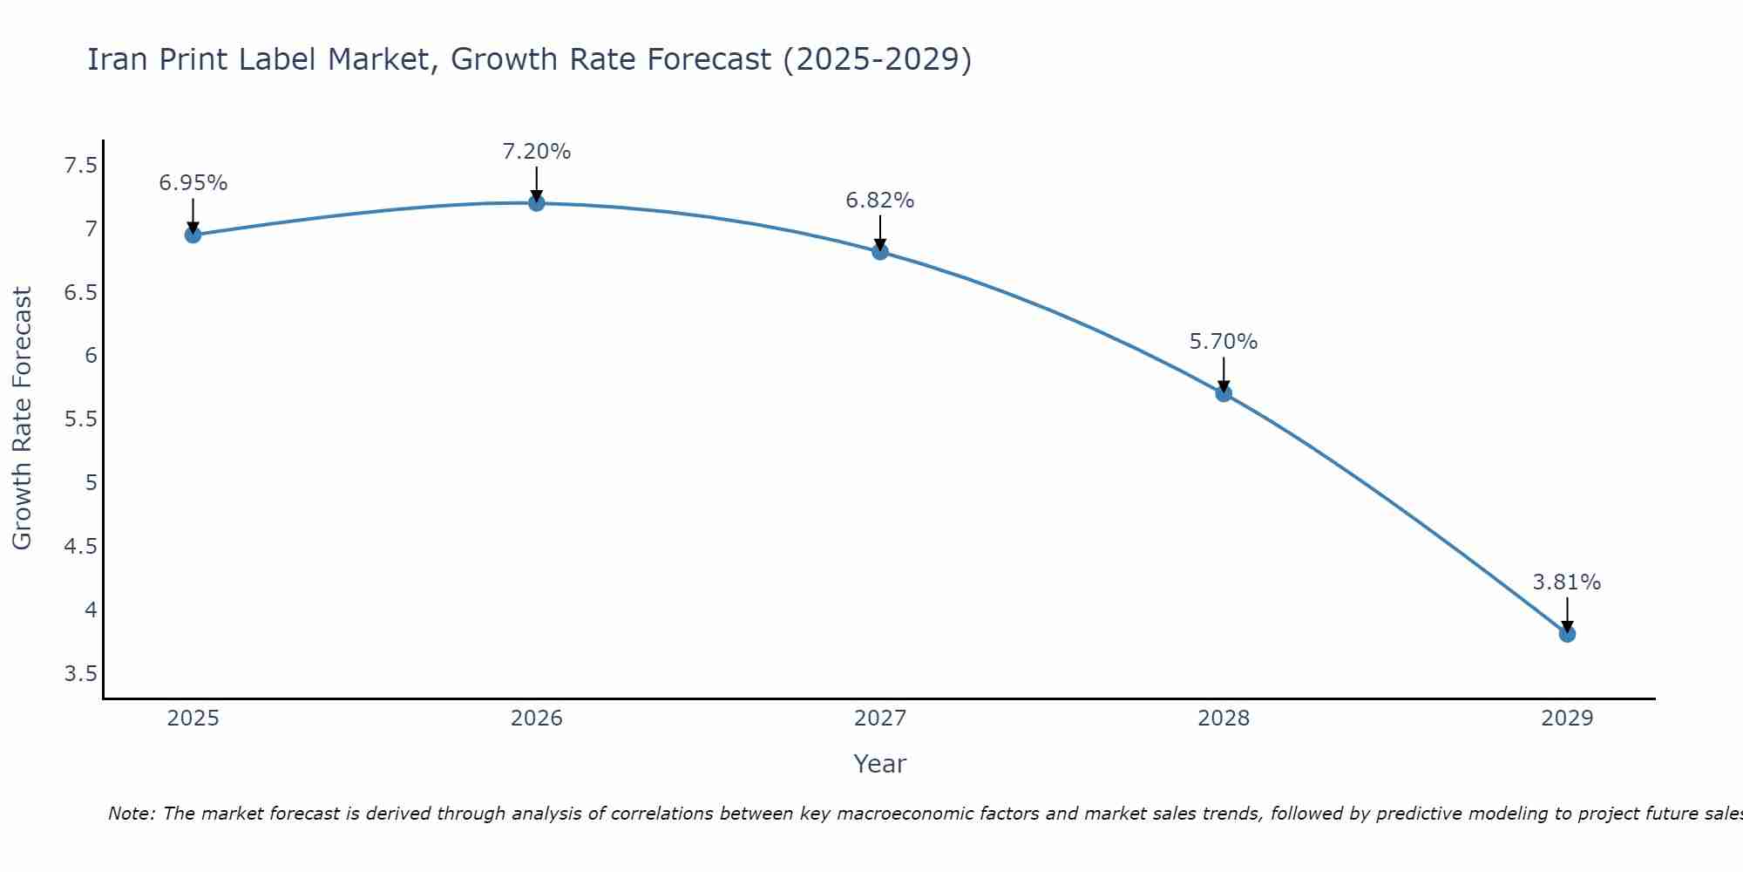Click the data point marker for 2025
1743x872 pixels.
click(193, 235)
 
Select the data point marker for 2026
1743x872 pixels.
click(537, 203)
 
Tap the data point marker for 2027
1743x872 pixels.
click(880, 252)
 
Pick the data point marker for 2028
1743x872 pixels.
click(1224, 393)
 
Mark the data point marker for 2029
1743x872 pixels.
click(1567, 634)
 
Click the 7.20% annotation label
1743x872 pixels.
click(537, 152)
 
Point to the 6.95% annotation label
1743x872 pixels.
click(193, 183)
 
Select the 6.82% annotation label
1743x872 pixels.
click(880, 201)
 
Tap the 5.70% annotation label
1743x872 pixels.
click(1224, 342)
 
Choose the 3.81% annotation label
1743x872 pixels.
click(1567, 582)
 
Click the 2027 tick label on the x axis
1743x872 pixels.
click(880, 719)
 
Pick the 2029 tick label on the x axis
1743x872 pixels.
click(1567, 719)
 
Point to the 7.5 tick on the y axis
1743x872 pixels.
click(81, 166)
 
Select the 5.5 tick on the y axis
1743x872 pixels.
click(81, 419)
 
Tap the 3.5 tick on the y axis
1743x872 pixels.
click(81, 674)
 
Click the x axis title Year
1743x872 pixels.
click(880, 764)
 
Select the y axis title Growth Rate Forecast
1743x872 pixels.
click(22, 419)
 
